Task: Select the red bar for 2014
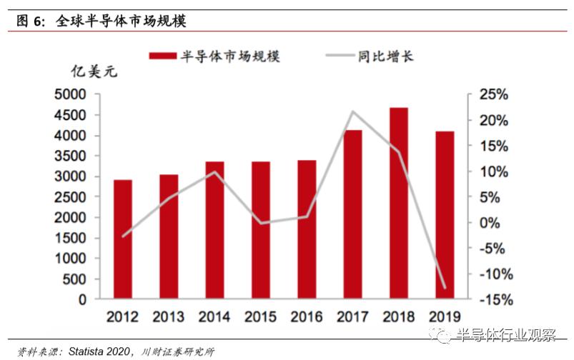(x=214, y=229)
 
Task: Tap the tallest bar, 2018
(x=399, y=203)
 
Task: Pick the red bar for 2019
(x=445, y=214)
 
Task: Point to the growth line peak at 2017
(x=353, y=111)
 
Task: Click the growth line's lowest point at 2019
(x=445, y=288)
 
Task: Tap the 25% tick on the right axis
(x=493, y=94)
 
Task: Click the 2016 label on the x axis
(x=307, y=316)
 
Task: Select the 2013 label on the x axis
(x=169, y=316)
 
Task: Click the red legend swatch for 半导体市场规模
(x=162, y=56)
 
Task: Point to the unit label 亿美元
(x=92, y=72)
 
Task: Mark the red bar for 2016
(x=307, y=229)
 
